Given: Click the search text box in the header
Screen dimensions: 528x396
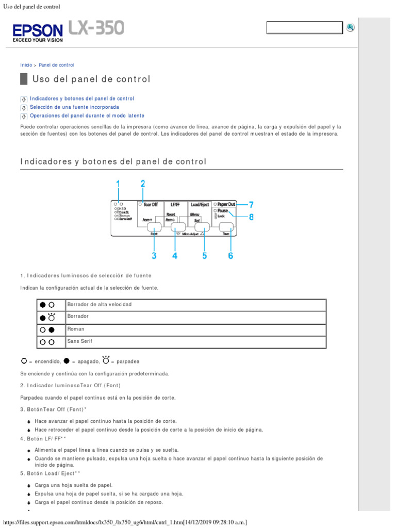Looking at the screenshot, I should coord(304,28).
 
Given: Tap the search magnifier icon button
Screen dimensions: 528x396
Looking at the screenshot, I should coord(351,27).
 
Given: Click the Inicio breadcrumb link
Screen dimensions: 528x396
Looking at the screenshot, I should coord(26,65).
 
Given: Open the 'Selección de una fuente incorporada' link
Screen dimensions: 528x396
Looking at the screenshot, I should coord(74,107).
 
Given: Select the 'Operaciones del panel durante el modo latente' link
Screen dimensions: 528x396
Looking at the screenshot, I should coord(87,116).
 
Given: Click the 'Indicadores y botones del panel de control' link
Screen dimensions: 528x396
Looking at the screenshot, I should coord(82,98).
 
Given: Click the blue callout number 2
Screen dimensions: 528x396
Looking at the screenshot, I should coord(143,184).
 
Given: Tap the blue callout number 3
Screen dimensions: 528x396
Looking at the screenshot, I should coord(154,255).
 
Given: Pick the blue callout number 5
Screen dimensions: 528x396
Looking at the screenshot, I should coord(205,255).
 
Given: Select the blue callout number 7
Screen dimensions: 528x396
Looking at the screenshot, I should coord(251,205).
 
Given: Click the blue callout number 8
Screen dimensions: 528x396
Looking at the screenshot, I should coord(251,217).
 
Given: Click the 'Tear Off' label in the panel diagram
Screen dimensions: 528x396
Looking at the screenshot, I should coord(151,205).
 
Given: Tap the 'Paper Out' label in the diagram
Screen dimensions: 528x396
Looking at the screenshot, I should coord(226,204).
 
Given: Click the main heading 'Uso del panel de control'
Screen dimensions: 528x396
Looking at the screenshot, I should coord(91,79).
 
